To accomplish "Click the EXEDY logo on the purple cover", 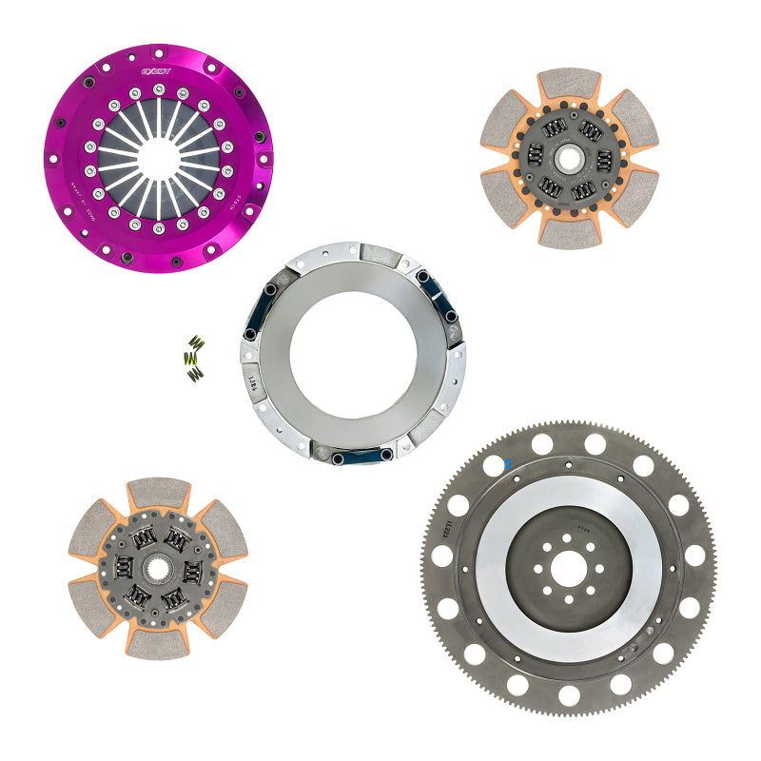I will click(x=157, y=71).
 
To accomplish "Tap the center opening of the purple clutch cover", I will click(x=158, y=158).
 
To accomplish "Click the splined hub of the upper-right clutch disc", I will click(x=570, y=157).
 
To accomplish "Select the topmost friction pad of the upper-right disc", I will click(x=570, y=84).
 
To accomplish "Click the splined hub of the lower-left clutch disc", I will click(x=158, y=571).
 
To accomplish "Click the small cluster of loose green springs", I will click(x=195, y=359).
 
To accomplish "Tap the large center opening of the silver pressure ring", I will click(x=353, y=353).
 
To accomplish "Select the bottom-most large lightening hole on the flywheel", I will click(x=568, y=695).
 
